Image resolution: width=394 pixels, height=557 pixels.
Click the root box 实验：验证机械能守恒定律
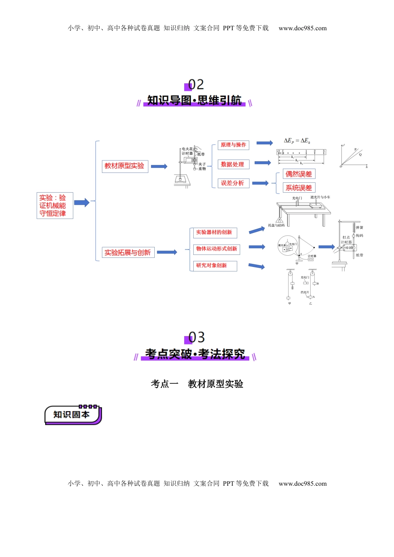tap(55, 206)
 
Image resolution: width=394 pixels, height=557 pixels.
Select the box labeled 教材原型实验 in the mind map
tap(125, 166)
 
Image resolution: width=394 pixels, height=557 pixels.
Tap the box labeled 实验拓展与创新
tap(128, 252)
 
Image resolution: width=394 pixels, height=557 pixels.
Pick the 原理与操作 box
tap(233, 145)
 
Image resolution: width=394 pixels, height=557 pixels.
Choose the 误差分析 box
tap(233, 183)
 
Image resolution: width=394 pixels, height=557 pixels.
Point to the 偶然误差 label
tap(299, 174)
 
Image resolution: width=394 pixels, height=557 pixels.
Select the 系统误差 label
tap(299, 188)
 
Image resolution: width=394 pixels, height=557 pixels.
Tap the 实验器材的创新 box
tap(214, 232)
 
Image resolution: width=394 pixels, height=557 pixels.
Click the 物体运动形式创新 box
tap(216, 249)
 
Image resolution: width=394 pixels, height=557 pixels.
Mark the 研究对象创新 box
tap(214, 266)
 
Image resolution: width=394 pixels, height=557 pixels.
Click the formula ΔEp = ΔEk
tap(297, 141)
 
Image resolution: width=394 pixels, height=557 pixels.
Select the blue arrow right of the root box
tap(82, 203)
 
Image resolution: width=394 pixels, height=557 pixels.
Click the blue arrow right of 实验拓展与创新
tap(167, 252)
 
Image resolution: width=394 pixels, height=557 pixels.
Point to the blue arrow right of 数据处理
tap(263, 163)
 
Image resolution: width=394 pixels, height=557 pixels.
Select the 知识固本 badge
tap(73, 415)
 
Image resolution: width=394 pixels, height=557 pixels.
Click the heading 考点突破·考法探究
tap(195, 354)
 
